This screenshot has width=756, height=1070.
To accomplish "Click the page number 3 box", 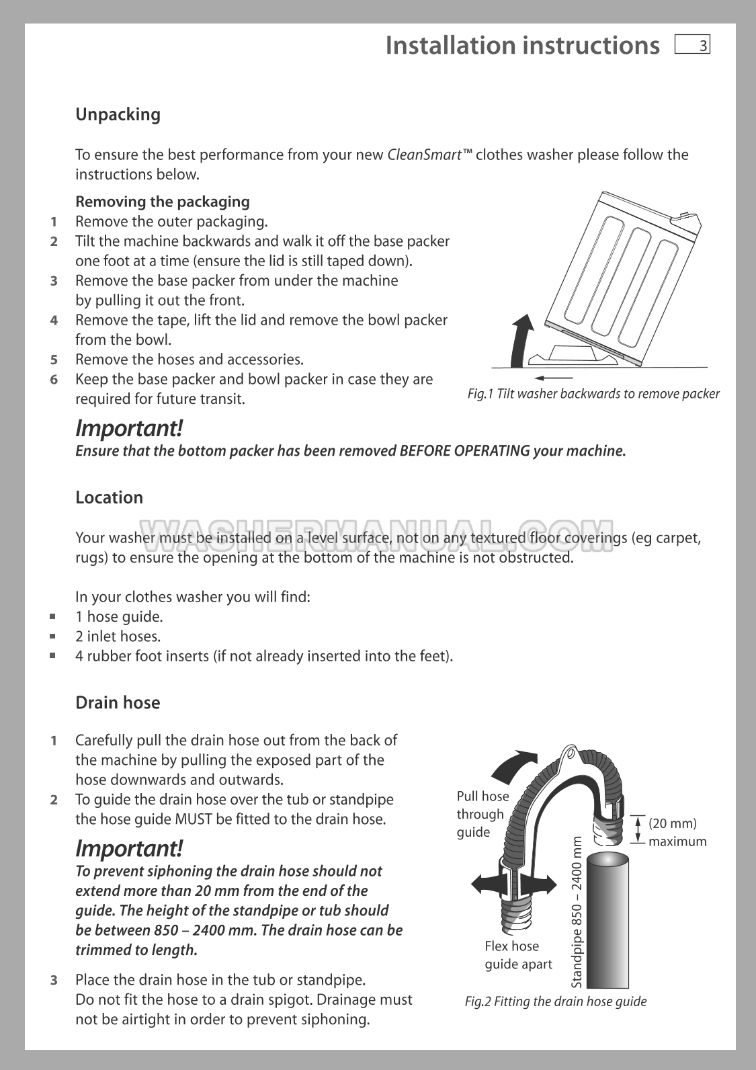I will click(x=692, y=46).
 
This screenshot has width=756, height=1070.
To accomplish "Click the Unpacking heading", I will click(x=118, y=114).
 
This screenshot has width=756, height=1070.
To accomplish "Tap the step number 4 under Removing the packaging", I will click(x=54, y=320).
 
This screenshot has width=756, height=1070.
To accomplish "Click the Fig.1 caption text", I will click(x=593, y=394).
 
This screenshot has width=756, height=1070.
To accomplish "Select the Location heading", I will click(x=109, y=497).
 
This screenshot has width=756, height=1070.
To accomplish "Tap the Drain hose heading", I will click(x=118, y=703).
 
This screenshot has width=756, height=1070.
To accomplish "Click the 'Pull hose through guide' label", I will click(x=482, y=814).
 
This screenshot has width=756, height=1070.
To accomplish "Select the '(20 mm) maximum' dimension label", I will click(x=677, y=832).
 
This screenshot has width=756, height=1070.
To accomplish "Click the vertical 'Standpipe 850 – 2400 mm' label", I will click(x=577, y=911).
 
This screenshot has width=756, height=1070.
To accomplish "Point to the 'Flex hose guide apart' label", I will click(x=517, y=955).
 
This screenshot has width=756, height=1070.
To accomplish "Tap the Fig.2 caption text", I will click(x=555, y=1001).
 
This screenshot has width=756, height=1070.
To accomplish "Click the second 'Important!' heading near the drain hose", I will click(x=128, y=848).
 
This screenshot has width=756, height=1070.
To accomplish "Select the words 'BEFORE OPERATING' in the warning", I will click(x=464, y=451).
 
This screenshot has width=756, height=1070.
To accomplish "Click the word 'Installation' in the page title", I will click(x=451, y=46).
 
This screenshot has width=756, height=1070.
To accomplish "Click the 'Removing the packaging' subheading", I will click(x=162, y=202).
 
